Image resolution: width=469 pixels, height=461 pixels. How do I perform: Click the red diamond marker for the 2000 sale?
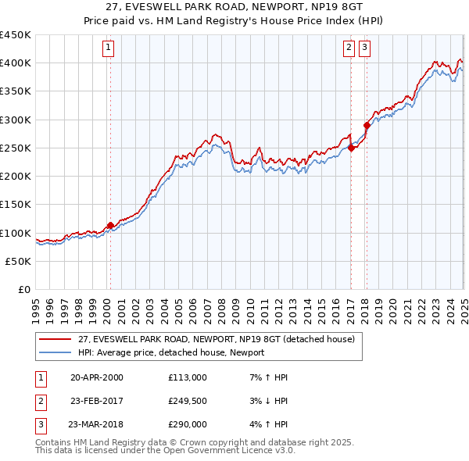click(110, 226)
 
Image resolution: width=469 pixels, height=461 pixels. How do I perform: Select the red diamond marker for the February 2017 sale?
click(351, 148)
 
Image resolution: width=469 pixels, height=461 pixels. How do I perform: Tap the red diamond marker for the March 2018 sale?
click(367, 125)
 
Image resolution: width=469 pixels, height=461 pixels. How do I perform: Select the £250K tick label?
click(16, 148)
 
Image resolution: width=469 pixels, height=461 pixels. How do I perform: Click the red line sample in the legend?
click(55, 339)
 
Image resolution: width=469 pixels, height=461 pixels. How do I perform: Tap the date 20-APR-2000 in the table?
click(97, 377)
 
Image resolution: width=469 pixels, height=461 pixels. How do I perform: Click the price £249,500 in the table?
click(188, 402)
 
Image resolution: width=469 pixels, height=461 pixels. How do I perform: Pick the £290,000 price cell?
click(188, 426)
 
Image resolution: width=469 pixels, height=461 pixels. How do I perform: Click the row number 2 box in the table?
click(40, 402)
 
